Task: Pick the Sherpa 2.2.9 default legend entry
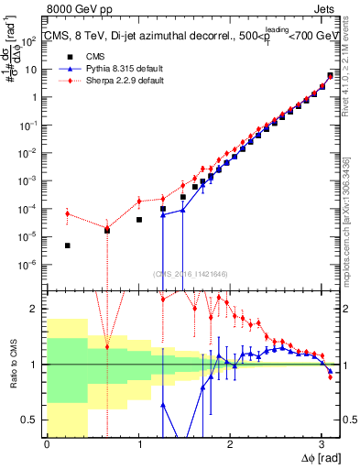click(x=112, y=82)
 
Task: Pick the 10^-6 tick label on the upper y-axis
click(x=32, y=265)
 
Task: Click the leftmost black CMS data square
click(x=68, y=245)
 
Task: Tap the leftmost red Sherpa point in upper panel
click(x=68, y=213)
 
